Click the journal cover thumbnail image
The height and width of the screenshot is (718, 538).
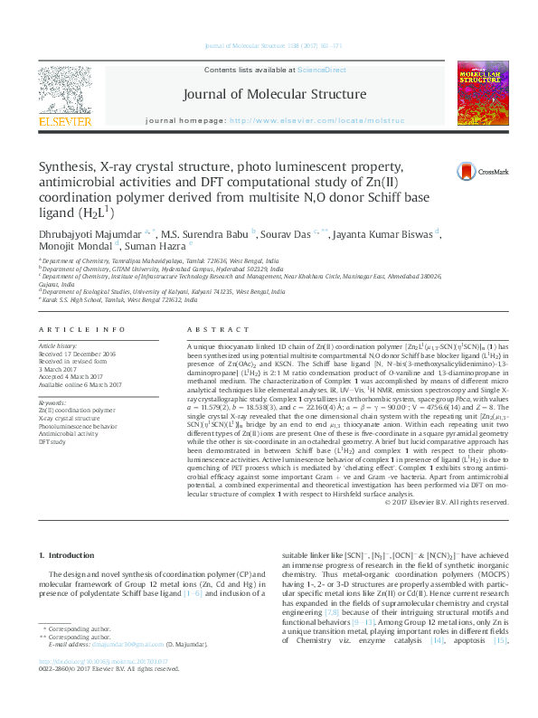pyautogui.click(x=483, y=94)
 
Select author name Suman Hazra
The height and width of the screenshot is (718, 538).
pyautogui.click(x=157, y=247)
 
